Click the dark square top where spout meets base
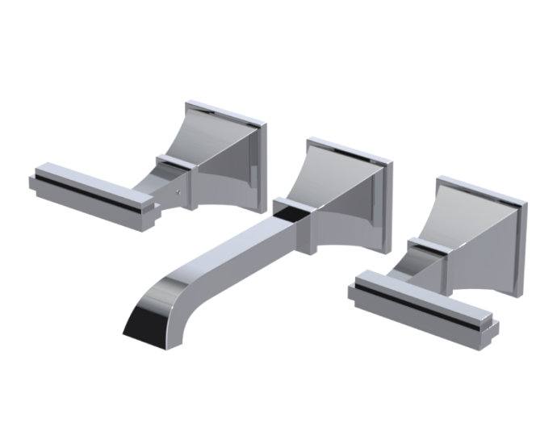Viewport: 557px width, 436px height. (288, 209)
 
